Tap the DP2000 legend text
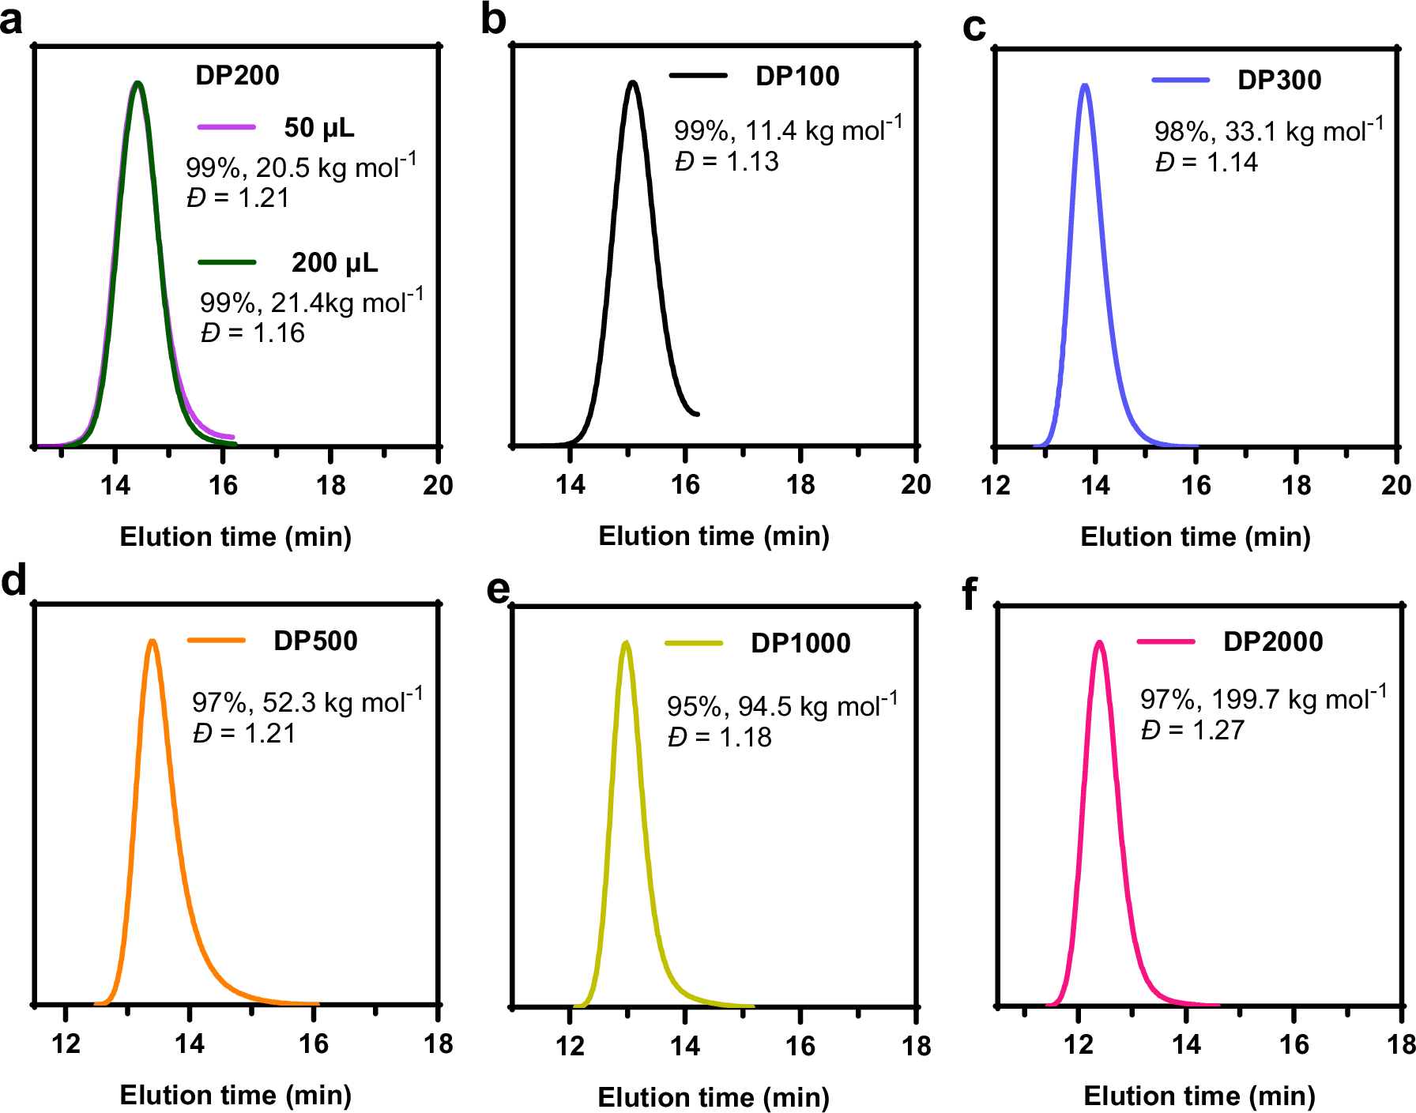click(1272, 641)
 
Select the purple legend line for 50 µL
click(227, 126)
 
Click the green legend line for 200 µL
click(227, 261)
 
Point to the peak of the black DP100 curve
click(632, 82)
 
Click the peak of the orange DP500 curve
click(153, 641)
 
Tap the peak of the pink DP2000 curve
click(1098, 642)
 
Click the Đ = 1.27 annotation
click(1192, 730)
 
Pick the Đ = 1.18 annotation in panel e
click(719, 737)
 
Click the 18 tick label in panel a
click(330, 485)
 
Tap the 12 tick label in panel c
click(995, 485)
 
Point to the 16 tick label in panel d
click(314, 1043)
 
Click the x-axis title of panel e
click(714, 1096)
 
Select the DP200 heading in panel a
click(237, 75)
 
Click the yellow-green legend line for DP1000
click(694, 643)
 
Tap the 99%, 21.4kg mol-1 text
click(311, 302)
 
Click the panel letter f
click(970, 594)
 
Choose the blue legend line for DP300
click(1181, 80)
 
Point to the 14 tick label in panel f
click(1186, 1044)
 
